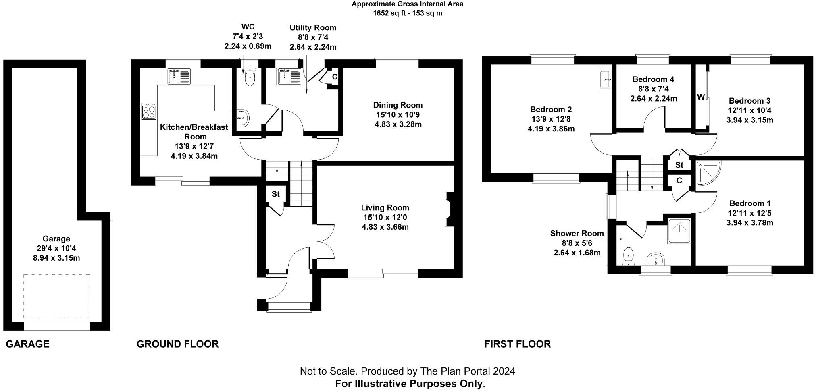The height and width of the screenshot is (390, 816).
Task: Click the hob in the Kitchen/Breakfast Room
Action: pyautogui.click(x=149, y=111)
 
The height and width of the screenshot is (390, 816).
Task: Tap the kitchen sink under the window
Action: pyautogui.click(x=179, y=77)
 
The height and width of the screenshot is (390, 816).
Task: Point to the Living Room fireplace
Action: pyautogui.click(x=448, y=210)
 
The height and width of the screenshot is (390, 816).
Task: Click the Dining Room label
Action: pyautogui.click(x=398, y=105)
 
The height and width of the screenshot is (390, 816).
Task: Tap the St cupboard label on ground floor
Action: pyautogui.click(x=275, y=194)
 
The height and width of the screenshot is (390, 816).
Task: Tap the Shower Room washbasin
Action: pyautogui.click(x=657, y=259)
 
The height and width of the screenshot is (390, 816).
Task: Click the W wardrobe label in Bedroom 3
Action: pyautogui.click(x=701, y=97)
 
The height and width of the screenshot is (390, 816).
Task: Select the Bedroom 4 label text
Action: pyautogui.click(x=653, y=79)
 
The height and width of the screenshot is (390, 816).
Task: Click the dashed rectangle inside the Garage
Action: pyautogui.click(x=56, y=297)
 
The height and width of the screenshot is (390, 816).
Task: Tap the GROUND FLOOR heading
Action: pyautogui.click(x=177, y=344)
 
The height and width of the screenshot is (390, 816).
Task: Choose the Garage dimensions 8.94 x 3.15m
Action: pyautogui.click(x=56, y=258)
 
